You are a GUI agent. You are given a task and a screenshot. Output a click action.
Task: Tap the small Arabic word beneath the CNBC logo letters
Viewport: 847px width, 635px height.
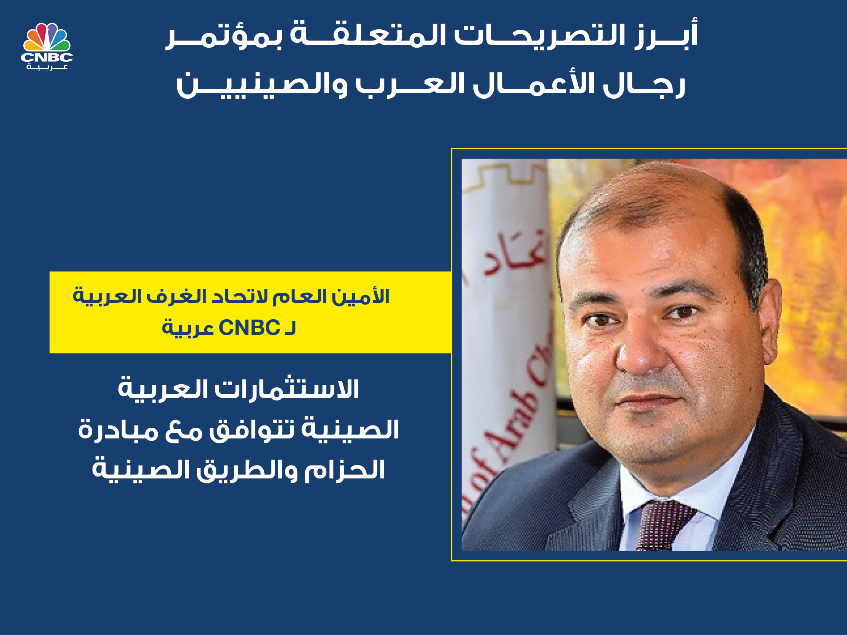coord(47,67)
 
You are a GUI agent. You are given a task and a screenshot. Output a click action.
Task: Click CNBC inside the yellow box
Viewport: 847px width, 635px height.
coord(249,328)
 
